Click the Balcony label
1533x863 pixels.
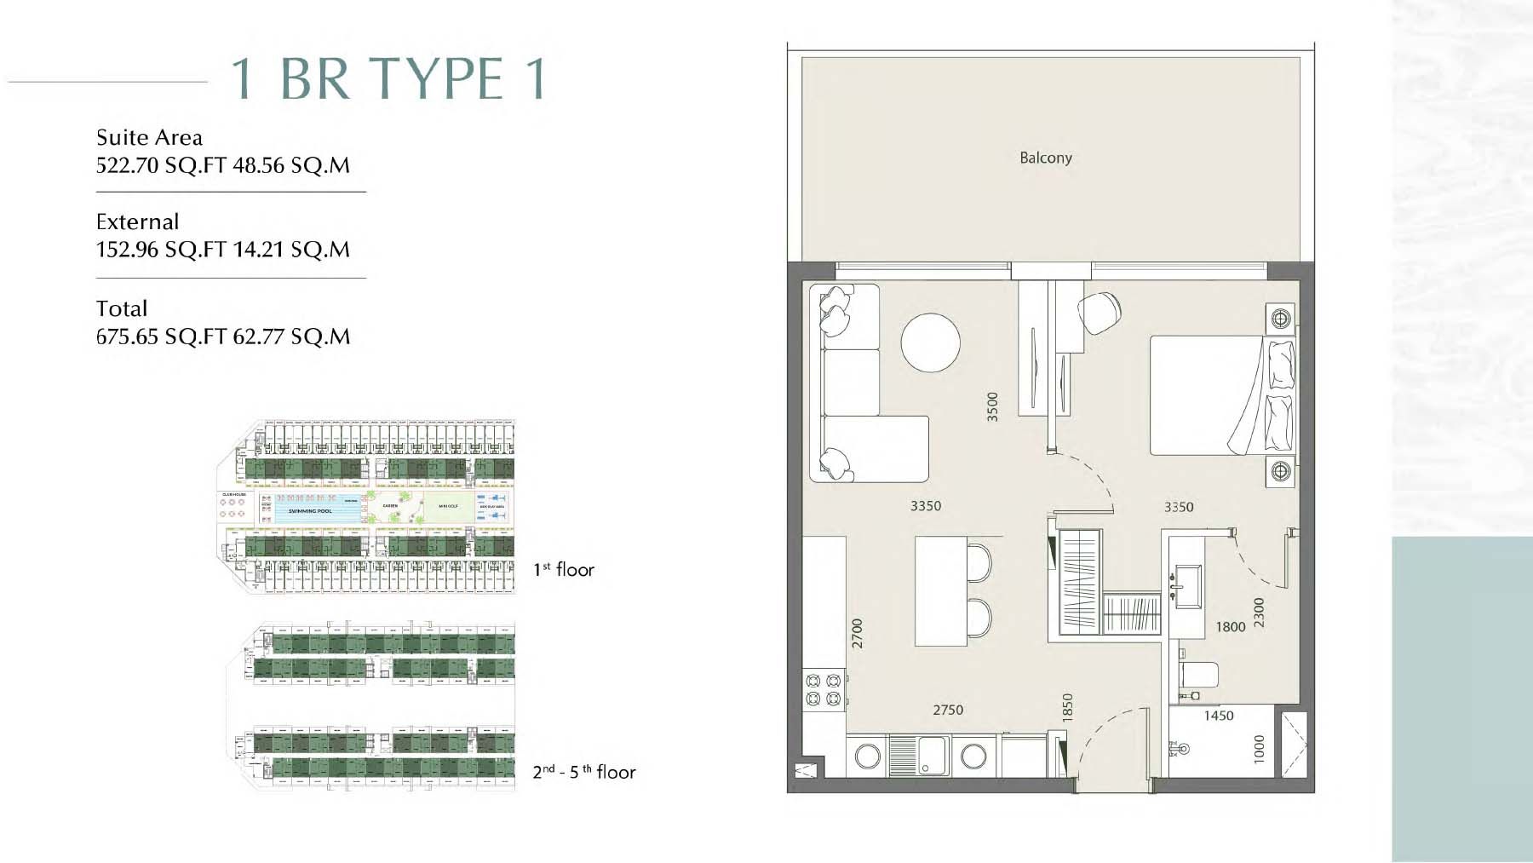coord(1045,158)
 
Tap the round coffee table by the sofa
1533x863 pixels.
coord(931,342)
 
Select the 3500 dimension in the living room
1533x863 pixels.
coord(991,406)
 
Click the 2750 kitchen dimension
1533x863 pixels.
coord(947,710)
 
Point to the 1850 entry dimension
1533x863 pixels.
coord(1067,709)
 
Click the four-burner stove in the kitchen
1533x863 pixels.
coord(824,689)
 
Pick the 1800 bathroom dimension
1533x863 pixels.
coord(1230,627)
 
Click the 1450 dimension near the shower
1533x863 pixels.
coord(1218,716)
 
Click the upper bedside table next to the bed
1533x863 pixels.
coord(1280,319)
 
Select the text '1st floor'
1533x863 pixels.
coord(563,569)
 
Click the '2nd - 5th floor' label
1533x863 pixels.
coord(584,772)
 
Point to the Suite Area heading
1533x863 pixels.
coord(149,137)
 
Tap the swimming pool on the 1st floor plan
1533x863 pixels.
coord(311,510)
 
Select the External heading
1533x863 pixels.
coord(137,222)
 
